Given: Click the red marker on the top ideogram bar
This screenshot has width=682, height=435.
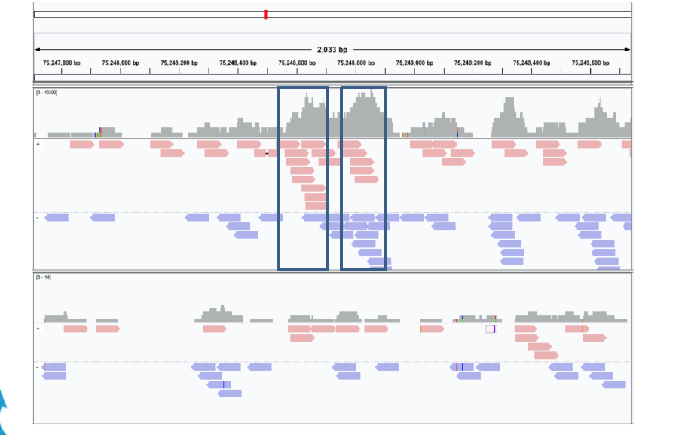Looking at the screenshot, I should click(x=265, y=14).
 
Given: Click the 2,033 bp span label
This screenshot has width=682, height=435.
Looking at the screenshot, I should click(x=332, y=50).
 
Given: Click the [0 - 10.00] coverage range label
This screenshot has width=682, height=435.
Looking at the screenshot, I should click(x=47, y=92).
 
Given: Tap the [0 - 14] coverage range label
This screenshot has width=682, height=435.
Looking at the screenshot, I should click(x=42, y=277).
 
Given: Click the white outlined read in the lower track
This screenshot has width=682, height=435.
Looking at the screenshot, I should click(x=491, y=329).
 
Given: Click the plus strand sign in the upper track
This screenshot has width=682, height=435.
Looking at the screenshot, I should click(x=38, y=143).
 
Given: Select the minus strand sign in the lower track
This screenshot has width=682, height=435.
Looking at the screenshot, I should click(x=38, y=366).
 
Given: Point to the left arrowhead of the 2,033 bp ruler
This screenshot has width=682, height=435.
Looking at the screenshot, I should click(x=37, y=50).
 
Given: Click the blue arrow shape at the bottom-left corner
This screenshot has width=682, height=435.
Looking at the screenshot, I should click(x=4, y=411).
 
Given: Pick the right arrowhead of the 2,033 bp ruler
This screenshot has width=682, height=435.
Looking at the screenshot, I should click(x=628, y=50).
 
